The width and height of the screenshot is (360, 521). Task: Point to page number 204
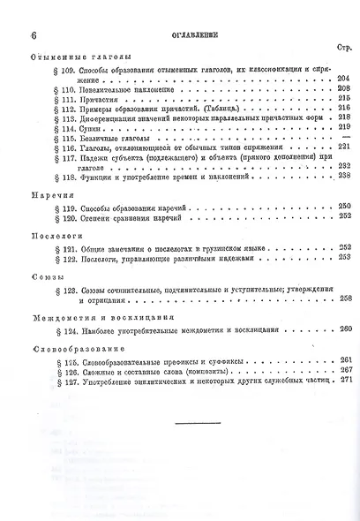pyautogui.click(x=343, y=78)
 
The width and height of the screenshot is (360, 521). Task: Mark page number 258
pyautogui.click(x=343, y=298)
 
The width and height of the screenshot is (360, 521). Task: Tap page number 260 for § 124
pyautogui.click(x=343, y=328)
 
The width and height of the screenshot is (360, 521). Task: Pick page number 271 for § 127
pyautogui.click(x=343, y=381)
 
